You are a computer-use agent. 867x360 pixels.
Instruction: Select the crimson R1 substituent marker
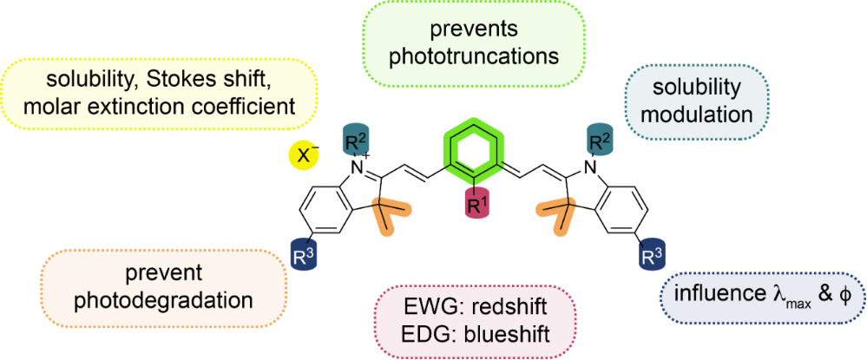pyautogui.click(x=476, y=206)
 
